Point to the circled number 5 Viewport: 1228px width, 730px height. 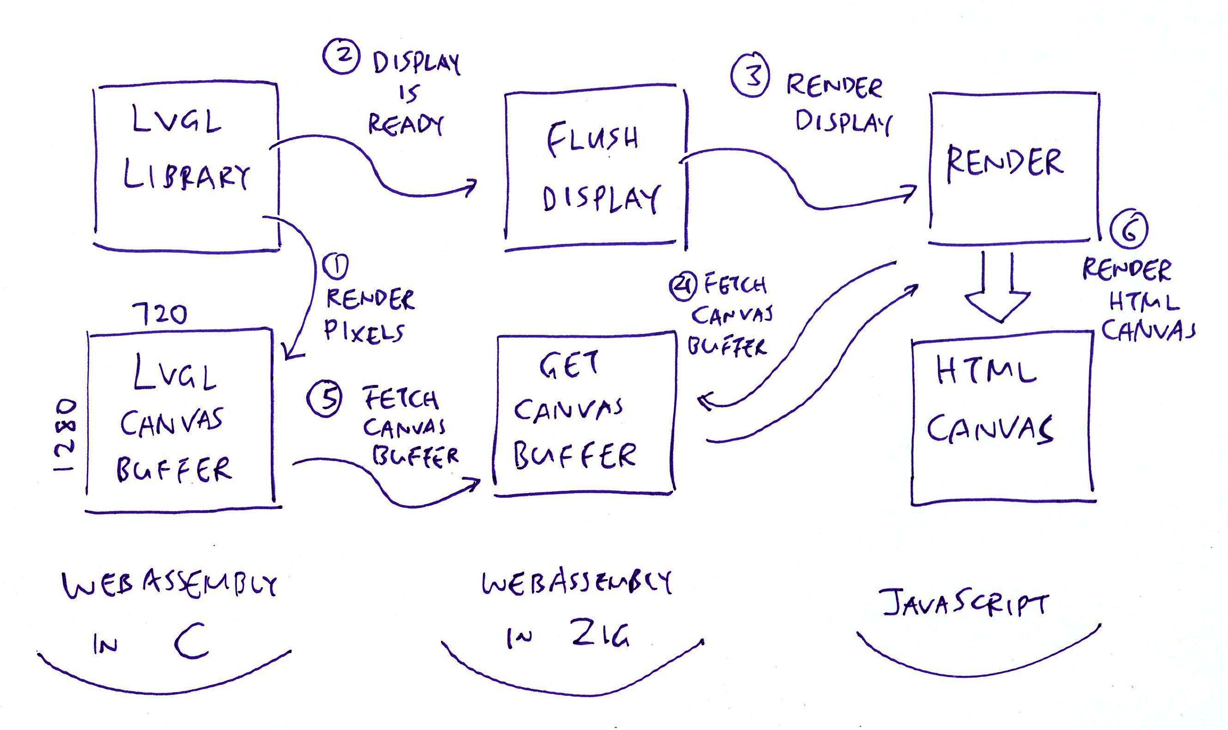(x=324, y=399)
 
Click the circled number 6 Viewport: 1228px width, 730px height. (x=1129, y=230)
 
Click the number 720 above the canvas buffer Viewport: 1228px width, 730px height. (x=160, y=313)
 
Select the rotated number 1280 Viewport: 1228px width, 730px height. (x=66, y=436)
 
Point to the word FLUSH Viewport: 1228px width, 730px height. (x=592, y=138)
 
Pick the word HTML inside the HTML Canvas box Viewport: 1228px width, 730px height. (x=986, y=372)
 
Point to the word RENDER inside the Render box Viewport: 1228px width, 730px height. (x=1005, y=163)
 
